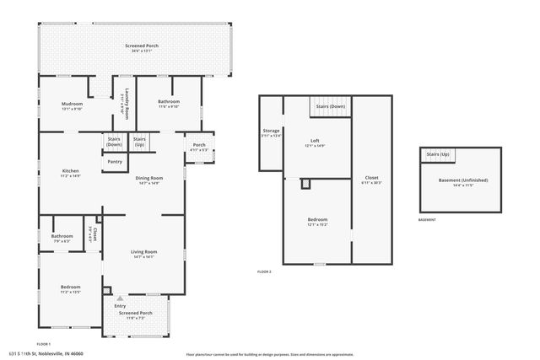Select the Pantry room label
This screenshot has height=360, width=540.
point(114,162)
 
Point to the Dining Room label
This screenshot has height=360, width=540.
point(149,178)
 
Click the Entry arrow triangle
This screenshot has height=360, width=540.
point(120,298)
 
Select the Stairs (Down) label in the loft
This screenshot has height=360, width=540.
point(330,106)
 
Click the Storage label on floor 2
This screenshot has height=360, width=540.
point(271,131)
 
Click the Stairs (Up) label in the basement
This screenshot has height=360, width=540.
point(437,154)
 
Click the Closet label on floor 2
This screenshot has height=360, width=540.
point(371,177)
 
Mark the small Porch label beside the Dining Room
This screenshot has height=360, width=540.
point(199,144)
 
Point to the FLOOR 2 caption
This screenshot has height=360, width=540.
point(265,271)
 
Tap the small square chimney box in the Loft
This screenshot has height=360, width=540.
point(305,183)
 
